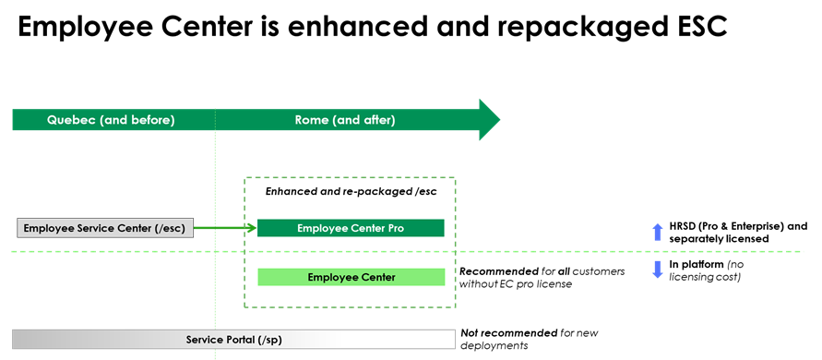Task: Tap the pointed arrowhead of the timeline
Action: tap(489, 119)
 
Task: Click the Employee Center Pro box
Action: tap(351, 228)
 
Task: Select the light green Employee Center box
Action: tap(351, 277)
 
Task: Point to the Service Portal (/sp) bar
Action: tap(233, 340)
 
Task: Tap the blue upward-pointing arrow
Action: tap(658, 232)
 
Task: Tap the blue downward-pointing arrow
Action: tap(658, 270)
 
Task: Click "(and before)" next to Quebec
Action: tap(136, 120)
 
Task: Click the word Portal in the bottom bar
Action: tap(236, 340)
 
